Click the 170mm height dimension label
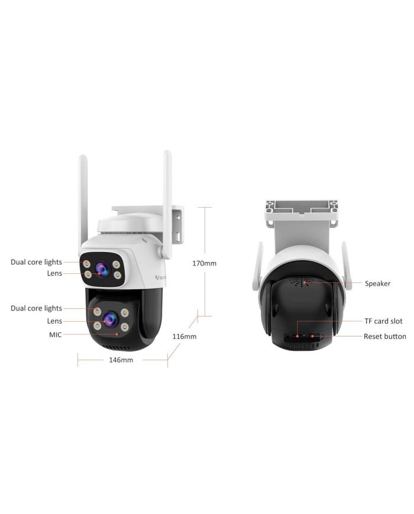pyautogui.click(x=204, y=263)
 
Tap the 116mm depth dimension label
pyautogui.click(x=184, y=337)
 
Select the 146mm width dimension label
pyautogui.click(x=121, y=360)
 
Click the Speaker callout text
pyautogui.click(x=377, y=283)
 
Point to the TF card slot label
pyautogui.click(x=383, y=321)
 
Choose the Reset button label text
pyautogui.click(x=385, y=336)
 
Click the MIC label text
pyautogui.click(x=56, y=335)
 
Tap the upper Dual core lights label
pyautogui.click(x=37, y=262)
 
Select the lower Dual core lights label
pyautogui.click(x=37, y=308)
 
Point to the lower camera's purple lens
pyautogui.click(x=111, y=319)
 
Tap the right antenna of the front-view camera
pyautogui.click(x=167, y=203)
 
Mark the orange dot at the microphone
pyautogui.click(x=117, y=334)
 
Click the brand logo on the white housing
pyautogui.click(x=160, y=277)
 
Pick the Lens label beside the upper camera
pyautogui.click(x=54, y=273)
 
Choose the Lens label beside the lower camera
pyautogui.click(x=54, y=321)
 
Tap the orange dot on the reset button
pyautogui.click(x=312, y=336)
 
